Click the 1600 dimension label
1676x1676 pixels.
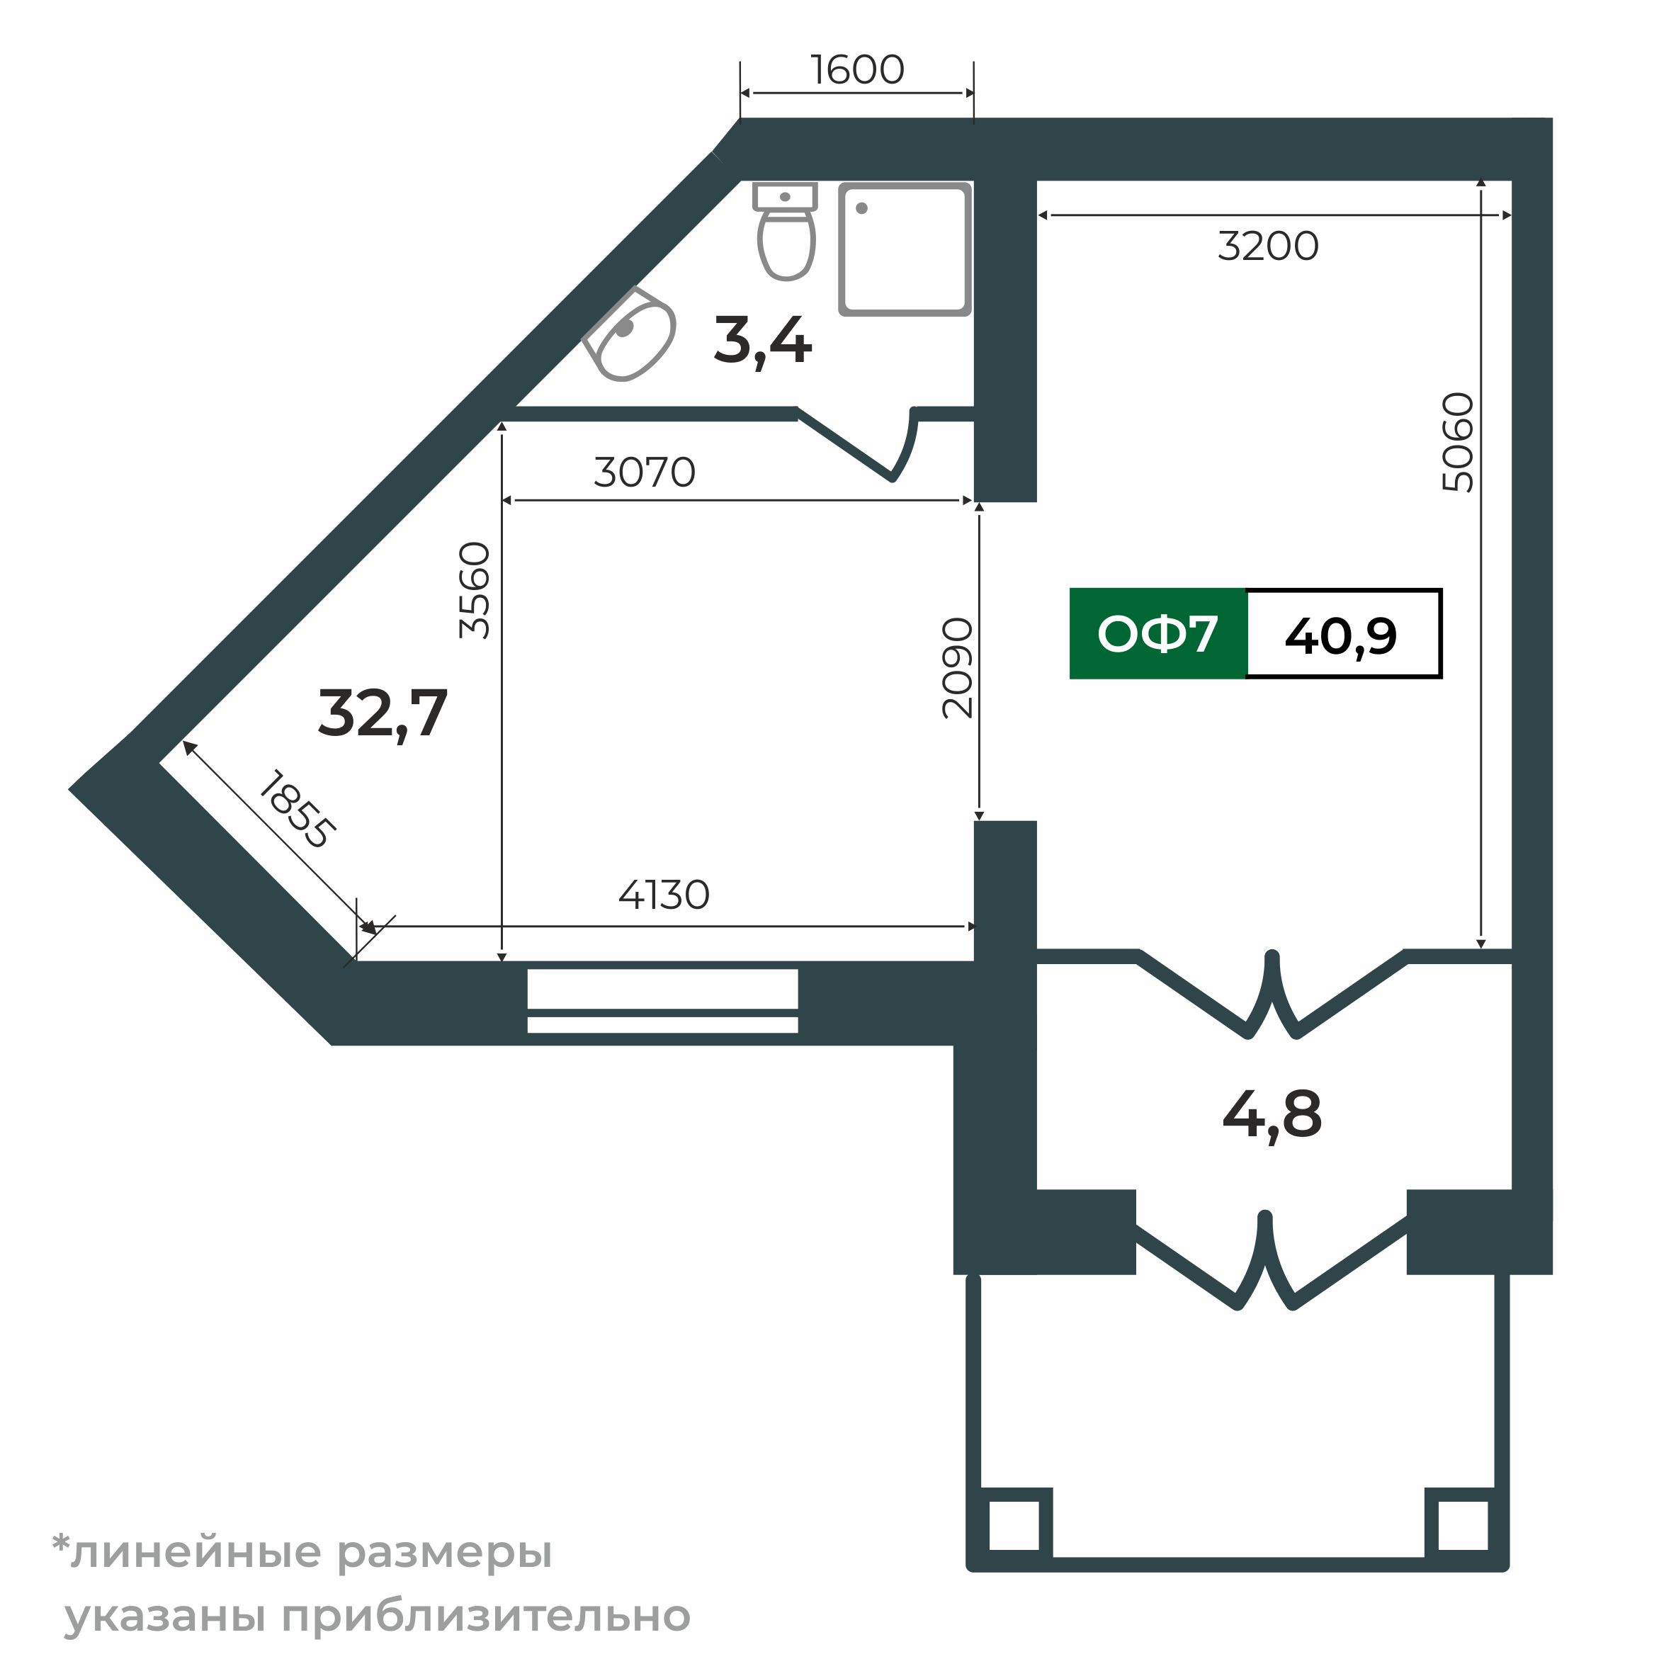[x=857, y=70]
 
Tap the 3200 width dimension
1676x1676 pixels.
[x=1267, y=247]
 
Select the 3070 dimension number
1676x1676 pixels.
[x=645, y=472]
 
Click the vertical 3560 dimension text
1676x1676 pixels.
[x=475, y=591]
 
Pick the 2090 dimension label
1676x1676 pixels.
[x=958, y=668]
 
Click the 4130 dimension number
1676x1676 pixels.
[x=664, y=895]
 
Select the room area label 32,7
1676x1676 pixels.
[x=383, y=714]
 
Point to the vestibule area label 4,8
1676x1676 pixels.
[x=1272, y=1116]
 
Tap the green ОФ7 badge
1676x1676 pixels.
[x=1157, y=634]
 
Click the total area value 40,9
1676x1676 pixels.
[x=1341, y=636]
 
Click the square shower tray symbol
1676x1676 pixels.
[x=904, y=249]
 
